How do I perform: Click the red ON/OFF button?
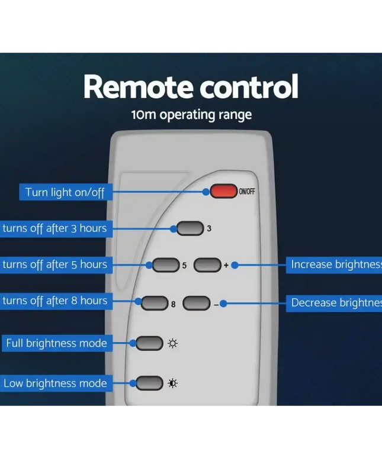coord(223,191)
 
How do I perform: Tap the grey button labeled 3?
coord(190,228)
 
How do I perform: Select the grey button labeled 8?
coord(155,304)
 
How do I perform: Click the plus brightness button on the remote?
coord(207,265)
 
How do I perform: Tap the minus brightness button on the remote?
coord(197,304)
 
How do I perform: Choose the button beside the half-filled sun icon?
coord(149,383)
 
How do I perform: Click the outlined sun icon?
coord(172,343)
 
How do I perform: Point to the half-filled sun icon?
coord(172,383)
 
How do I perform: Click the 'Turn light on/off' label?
coord(65,192)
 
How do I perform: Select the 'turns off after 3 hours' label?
coord(54,228)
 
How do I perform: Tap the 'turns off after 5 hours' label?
coord(54,265)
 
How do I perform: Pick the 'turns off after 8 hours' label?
coord(54,301)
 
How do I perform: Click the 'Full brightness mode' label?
coord(56,343)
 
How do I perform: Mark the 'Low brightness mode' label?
coord(55,383)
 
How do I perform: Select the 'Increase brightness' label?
coord(335,265)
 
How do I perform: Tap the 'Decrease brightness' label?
coord(335,303)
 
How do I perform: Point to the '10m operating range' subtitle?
coord(191,114)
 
